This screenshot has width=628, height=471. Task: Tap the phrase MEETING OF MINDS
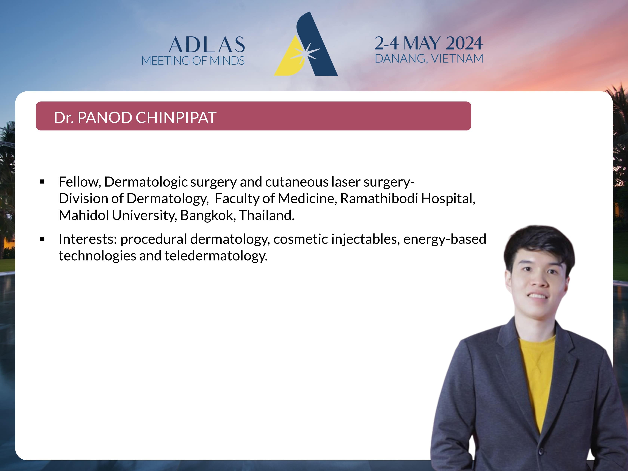coord(193,61)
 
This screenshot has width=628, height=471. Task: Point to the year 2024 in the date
coord(464,43)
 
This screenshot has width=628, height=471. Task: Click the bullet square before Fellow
coord(42,182)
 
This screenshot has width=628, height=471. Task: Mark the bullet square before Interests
coord(42,239)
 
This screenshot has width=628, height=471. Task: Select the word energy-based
coord(445,239)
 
